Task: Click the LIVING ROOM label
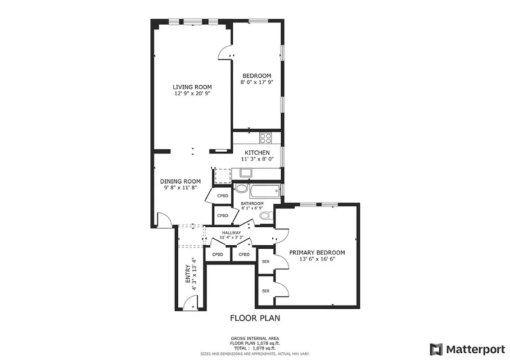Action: tap(192, 87)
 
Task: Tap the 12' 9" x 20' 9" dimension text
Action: tap(192, 94)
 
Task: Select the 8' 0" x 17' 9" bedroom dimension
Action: tap(257, 82)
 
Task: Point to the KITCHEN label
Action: tap(257, 153)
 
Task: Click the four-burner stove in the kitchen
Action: tap(266, 138)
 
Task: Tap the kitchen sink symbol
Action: tap(246, 172)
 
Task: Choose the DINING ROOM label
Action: tap(181, 181)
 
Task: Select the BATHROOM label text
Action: tap(252, 203)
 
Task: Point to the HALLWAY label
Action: tap(231, 232)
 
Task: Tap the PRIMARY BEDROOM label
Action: tap(317, 252)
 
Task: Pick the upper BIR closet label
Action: tap(266, 261)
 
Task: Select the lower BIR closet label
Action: tap(266, 291)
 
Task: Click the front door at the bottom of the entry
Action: tap(190, 305)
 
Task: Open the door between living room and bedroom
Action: tap(225, 53)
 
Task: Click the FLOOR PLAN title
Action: tap(255, 318)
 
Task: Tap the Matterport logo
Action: tap(467, 349)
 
